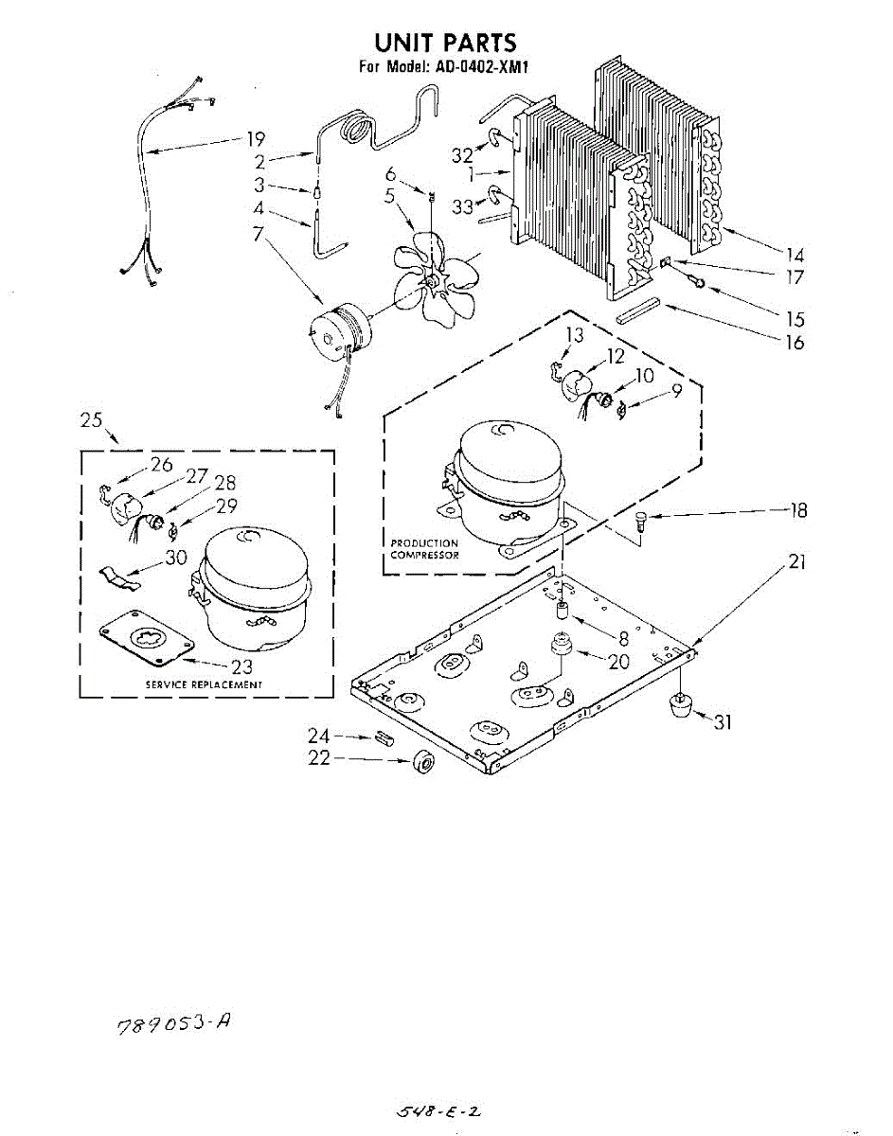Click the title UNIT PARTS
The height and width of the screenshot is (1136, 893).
(x=445, y=43)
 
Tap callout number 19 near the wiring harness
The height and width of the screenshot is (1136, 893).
(x=256, y=139)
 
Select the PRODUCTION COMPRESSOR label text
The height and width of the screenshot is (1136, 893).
(x=424, y=549)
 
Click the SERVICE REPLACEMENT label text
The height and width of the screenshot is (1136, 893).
(x=204, y=683)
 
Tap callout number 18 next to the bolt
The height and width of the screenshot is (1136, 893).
(x=798, y=510)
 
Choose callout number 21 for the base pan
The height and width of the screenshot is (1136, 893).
(x=797, y=562)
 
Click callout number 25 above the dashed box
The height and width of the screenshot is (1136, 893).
(x=91, y=420)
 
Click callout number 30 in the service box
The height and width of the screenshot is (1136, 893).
(x=176, y=558)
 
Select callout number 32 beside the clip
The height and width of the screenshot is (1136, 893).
(x=461, y=154)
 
